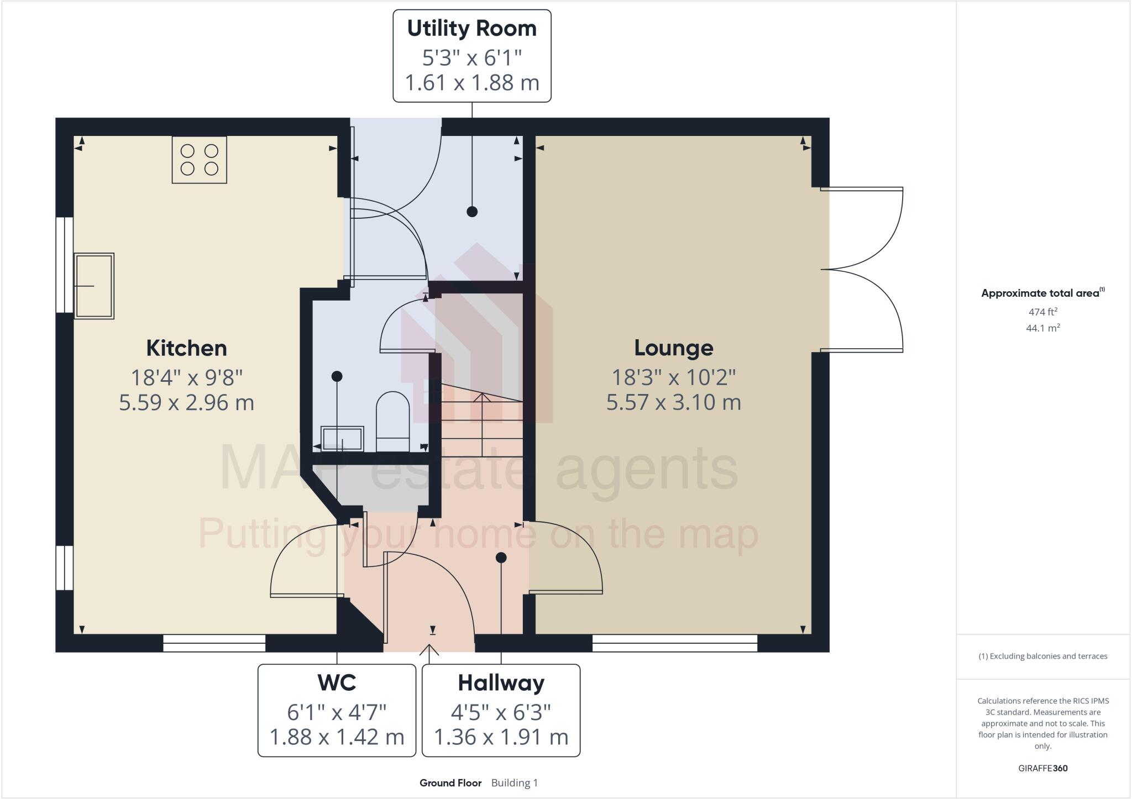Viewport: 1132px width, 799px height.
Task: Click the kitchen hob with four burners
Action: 199,160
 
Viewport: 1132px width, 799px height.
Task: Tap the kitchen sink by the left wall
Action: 94,286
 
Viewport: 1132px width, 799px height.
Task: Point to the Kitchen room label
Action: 186,348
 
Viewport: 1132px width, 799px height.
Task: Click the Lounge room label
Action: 673,348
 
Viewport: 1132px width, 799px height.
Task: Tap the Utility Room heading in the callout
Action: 471,29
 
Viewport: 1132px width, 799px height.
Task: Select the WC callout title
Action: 337,683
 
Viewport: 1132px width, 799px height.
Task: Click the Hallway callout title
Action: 501,683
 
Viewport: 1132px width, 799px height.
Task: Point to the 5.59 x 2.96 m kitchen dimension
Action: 186,402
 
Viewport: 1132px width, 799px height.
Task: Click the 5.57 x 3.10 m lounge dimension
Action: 673,402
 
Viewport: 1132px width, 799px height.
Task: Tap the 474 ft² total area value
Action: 1042,312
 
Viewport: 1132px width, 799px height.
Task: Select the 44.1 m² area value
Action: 1042,328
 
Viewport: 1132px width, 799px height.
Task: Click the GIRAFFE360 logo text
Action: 1042,768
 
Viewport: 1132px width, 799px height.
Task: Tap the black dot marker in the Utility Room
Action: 471,211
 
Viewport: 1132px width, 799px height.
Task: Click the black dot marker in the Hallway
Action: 501,558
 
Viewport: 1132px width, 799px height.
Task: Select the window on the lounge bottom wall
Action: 674,643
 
